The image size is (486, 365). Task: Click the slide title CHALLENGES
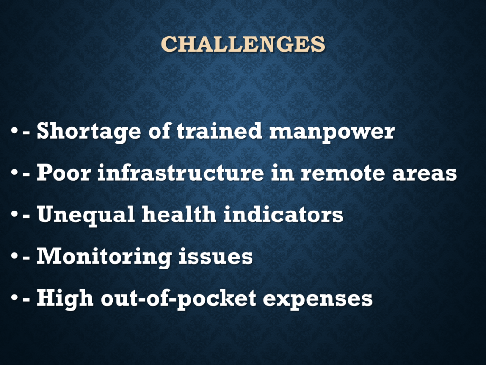pos(243,44)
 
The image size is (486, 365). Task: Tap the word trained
pos(219,130)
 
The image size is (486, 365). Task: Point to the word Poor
pos(64,172)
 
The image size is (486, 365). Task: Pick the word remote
pos(343,173)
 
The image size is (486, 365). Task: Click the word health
pos(179,214)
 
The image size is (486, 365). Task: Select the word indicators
pos(283,214)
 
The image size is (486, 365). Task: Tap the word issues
pos(216,256)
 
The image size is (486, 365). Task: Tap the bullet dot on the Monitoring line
pos(14,256)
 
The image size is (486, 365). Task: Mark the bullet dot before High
pos(14,298)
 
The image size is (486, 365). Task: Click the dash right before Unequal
pos(27,215)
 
